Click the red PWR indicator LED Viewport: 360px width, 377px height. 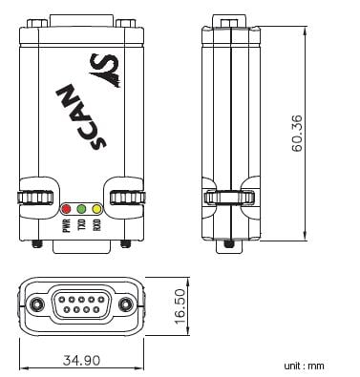pos(66,209)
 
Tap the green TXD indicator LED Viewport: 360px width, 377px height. pos(81,209)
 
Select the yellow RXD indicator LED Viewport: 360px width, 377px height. pos(96,209)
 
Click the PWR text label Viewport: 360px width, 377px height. pos(67,225)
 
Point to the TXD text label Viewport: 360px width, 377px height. pos(82,224)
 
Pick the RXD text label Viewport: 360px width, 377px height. pos(97,224)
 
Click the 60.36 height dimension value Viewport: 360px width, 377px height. pos(298,134)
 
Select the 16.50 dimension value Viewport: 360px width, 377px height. pos(180,306)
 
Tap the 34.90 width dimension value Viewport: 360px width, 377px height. pos(81,361)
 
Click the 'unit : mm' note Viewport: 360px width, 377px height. pos(305,366)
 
